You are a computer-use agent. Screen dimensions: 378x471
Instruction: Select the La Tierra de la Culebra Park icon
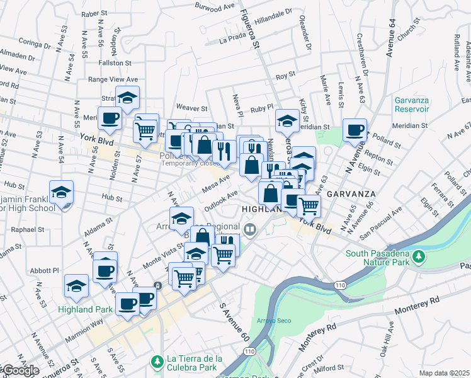pyautogui.click(x=157, y=362)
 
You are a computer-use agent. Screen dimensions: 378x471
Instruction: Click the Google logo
pyautogui.click(x=20, y=371)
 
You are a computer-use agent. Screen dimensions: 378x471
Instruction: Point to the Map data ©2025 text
pyautogui.click(x=444, y=373)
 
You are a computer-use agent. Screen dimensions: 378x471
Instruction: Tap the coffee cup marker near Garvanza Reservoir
pyautogui.click(x=355, y=130)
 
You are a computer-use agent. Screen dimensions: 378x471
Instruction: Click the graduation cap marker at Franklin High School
pyautogui.click(x=62, y=192)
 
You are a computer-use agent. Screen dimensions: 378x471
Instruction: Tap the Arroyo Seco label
pyautogui.click(x=270, y=321)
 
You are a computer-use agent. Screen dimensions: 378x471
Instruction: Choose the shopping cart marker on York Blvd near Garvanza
pyautogui.click(x=308, y=205)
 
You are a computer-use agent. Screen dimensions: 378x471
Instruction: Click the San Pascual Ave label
pyautogui.click(x=385, y=230)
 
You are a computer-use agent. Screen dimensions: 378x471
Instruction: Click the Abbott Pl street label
pyautogui.click(x=47, y=270)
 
